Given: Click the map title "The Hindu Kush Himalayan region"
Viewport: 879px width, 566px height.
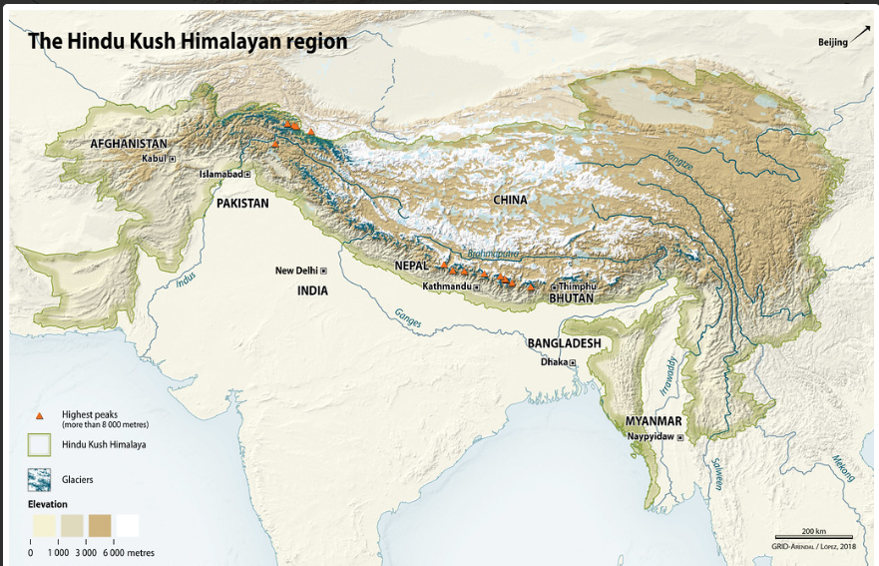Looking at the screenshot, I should click(188, 41).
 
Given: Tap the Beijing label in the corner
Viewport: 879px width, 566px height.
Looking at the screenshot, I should click(832, 42).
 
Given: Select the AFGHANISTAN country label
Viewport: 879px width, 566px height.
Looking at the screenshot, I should click(129, 144).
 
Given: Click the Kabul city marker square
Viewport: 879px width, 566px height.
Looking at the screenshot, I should click(172, 159).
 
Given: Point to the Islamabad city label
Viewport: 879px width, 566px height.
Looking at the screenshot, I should click(220, 174).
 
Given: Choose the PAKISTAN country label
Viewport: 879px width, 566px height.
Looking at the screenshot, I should click(242, 203).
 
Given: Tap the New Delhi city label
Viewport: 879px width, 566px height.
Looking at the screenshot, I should click(295, 271).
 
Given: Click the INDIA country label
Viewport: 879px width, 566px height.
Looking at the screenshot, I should click(311, 290).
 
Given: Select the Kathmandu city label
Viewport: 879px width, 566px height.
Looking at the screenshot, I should click(446, 286).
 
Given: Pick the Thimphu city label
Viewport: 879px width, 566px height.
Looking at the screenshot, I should click(577, 286).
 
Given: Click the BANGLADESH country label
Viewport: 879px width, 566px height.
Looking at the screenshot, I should click(564, 343).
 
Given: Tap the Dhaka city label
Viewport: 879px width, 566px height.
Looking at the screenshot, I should click(554, 362).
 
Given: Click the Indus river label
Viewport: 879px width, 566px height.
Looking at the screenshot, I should click(186, 281).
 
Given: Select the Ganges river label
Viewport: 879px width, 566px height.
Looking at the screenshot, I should click(407, 317).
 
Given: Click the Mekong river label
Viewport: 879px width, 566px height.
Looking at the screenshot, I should click(843, 467).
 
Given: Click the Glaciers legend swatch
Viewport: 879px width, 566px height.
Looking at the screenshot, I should click(39, 479).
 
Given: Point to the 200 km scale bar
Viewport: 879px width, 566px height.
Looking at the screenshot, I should click(813, 537).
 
